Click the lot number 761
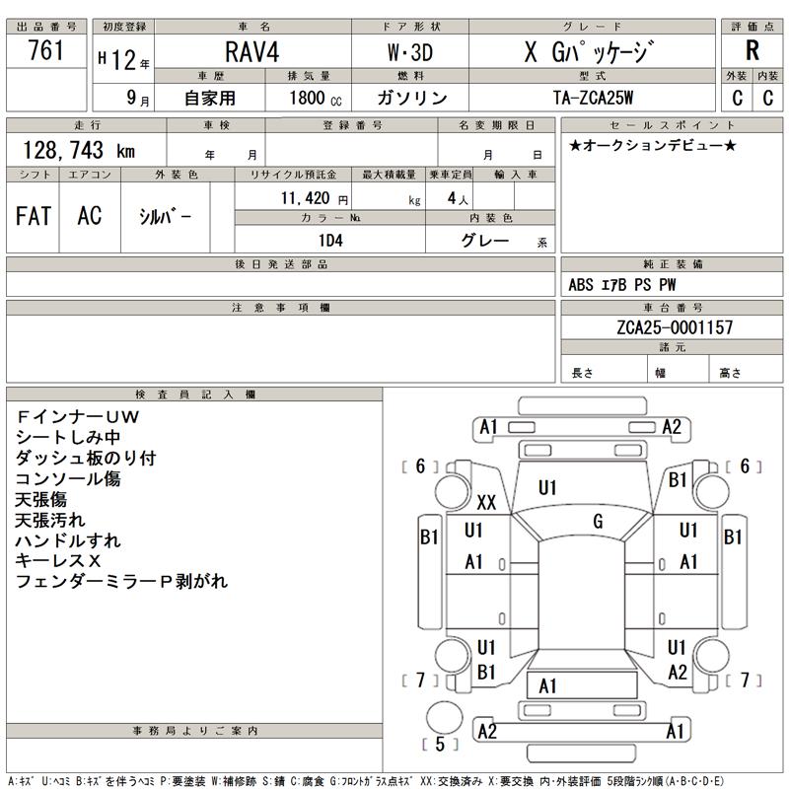pos(46,52)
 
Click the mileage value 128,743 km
pos(78,150)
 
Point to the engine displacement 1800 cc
pos(316,98)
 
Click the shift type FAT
pos(34,217)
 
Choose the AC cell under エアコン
pos(89,217)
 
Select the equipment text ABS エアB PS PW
pos(622,286)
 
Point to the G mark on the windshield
pos(598,520)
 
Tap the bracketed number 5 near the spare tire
pos(440,744)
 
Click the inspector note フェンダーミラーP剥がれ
pos(121,582)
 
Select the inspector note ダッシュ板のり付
pos(86,459)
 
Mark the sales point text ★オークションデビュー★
pos(653,146)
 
